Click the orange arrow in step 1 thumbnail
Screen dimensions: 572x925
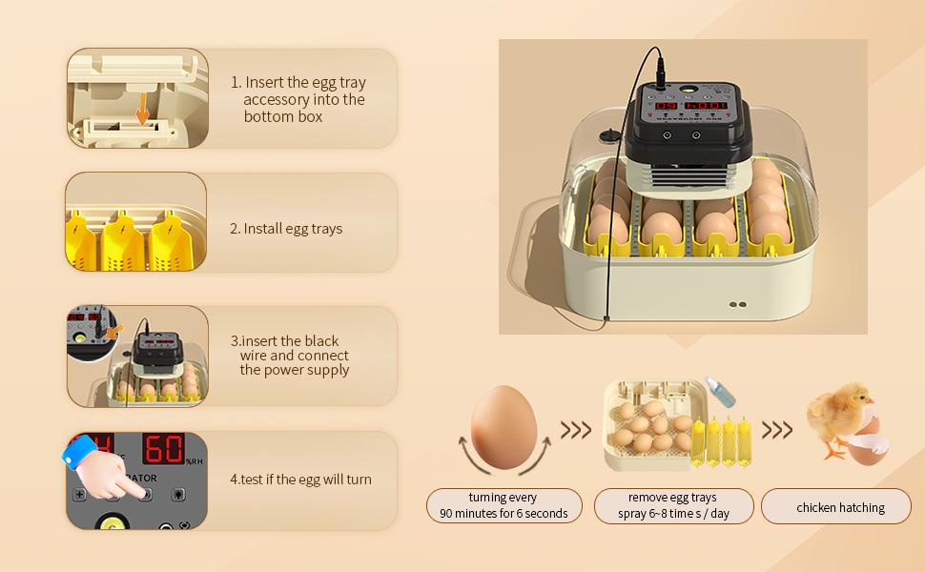[x=142, y=109]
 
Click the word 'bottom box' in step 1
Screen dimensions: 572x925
[x=283, y=117]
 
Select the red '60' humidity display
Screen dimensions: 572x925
[x=163, y=449]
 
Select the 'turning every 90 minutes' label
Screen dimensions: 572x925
[x=504, y=506]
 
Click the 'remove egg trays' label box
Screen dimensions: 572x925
[x=672, y=506]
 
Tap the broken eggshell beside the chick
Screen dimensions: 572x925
[x=870, y=449]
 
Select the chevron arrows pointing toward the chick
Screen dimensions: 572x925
[x=776, y=430]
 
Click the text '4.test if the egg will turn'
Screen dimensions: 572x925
[x=300, y=480]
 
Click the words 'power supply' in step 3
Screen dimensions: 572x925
[x=295, y=370]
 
